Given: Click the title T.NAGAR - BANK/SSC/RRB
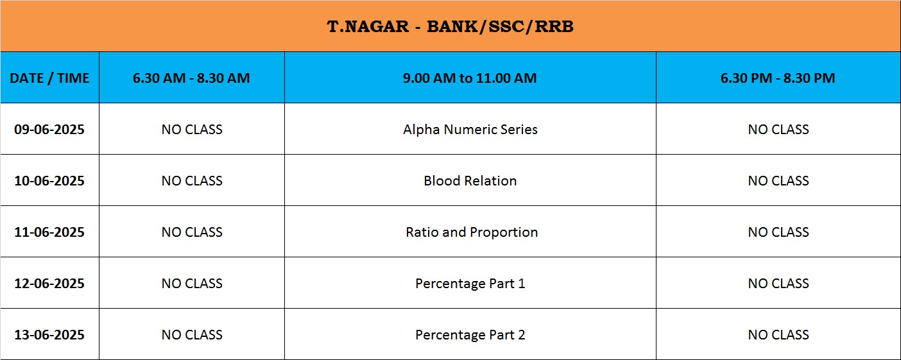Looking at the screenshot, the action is [x=450, y=26].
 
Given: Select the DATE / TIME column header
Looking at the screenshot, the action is [x=49, y=78].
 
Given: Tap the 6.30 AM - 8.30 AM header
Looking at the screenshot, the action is [x=191, y=78].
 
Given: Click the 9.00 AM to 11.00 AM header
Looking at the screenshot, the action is [x=470, y=78].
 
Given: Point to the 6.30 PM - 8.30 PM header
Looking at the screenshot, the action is [x=778, y=78].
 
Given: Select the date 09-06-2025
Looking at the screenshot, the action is [x=49, y=129].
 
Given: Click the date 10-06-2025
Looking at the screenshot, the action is [x=49, y=180].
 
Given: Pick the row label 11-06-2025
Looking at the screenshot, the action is [x=49, y=232].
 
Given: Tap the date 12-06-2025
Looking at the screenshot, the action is [x=49, y=284].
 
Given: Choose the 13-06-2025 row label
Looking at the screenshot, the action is [x=49, y=335].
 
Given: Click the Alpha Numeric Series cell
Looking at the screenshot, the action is [x=470, y=129].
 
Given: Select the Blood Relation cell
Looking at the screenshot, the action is [x=470, y=180].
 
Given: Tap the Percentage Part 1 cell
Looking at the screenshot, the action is [x=470, y=284].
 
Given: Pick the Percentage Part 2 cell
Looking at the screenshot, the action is [x=470, y=335].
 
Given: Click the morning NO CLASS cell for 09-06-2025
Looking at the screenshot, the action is [x=192, y=129].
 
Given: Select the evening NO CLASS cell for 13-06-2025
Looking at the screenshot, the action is [x=778, y=335].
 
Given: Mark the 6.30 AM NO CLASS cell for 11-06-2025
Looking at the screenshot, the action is [x=192, y=232].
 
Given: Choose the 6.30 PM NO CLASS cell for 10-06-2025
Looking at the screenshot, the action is [x=778, y=180].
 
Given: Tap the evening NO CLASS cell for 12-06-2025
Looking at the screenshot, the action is [x=778, y=284].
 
